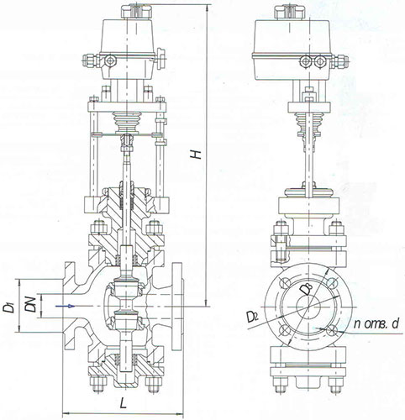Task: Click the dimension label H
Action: pos(197,154)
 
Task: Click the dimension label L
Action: pos(123,403)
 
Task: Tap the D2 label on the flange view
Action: pos(252,316)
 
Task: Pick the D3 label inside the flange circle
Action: pos(307,289)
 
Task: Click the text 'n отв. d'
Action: pos(376,324)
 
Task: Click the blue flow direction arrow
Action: pos(65,306)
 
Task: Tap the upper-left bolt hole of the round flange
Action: pos(285,283)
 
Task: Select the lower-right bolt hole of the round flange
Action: pos(332,330)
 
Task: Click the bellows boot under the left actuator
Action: pos(127,123)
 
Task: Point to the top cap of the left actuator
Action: pos(136,11)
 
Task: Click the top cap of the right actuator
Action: pos(289,12)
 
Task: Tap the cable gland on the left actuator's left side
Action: pos(90,60)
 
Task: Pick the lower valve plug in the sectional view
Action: pos(127,320)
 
